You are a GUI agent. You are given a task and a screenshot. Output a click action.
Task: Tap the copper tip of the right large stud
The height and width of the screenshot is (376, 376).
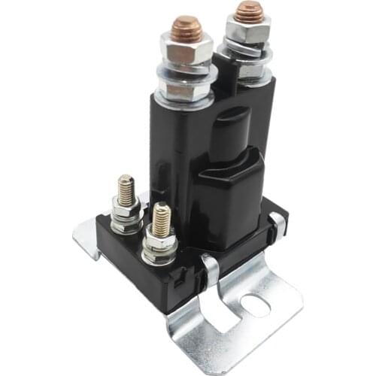[x=248, y=12]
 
